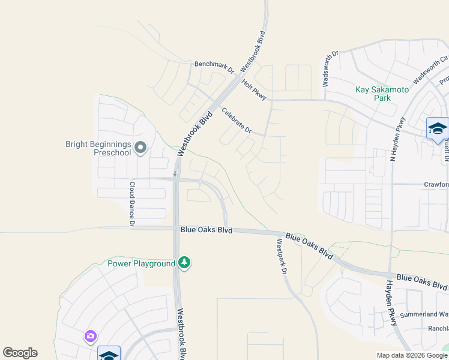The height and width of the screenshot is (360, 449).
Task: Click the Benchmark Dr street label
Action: [214, 64]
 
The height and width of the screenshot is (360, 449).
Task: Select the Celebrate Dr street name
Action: [236, 120]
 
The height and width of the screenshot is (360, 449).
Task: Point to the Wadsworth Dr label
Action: [330, 69]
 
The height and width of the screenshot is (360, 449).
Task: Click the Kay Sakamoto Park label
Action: [382, 94]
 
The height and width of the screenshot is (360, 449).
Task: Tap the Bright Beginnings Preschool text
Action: [98, 148]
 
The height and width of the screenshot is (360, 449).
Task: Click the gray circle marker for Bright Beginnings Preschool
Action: [141, 147]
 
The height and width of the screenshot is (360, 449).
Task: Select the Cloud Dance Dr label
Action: [132, 205]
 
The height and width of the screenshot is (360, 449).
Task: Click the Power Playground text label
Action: [141, 263]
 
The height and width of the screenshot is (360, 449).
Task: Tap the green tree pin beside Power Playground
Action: [185, 263]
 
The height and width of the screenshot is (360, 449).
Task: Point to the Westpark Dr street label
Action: [281, 257]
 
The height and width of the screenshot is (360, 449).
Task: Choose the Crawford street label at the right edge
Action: [436, 184]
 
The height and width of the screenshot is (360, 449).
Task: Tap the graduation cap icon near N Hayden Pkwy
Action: [437, 128]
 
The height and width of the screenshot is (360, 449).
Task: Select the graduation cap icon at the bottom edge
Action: [109, 355]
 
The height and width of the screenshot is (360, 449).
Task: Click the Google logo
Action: [20, 353]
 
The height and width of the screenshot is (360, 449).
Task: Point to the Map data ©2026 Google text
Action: [411, 355]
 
